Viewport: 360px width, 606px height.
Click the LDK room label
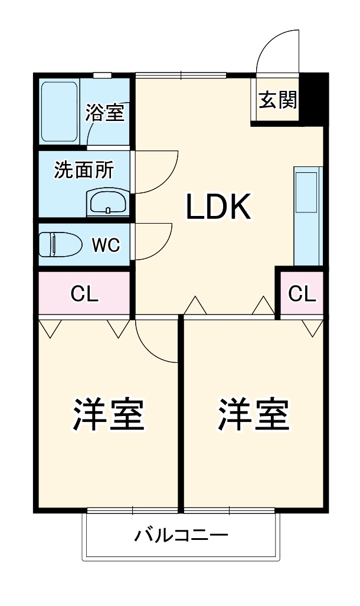coord(220,207)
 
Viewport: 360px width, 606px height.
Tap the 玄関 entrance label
coord(277,101)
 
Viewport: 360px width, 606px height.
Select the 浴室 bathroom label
coord(105,113)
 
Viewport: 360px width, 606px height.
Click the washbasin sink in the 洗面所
coord(107,202)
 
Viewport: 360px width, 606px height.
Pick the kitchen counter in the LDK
coord(308,216)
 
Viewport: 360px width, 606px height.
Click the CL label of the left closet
coord(84,293)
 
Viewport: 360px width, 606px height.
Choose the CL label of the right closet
coord(302,293)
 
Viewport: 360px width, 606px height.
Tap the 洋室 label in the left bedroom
coord(109,415)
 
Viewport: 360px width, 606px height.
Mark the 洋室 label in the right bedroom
coord(253,415)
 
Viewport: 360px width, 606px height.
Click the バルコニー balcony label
coord(181,536)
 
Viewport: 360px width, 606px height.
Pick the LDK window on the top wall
coord(181,75)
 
